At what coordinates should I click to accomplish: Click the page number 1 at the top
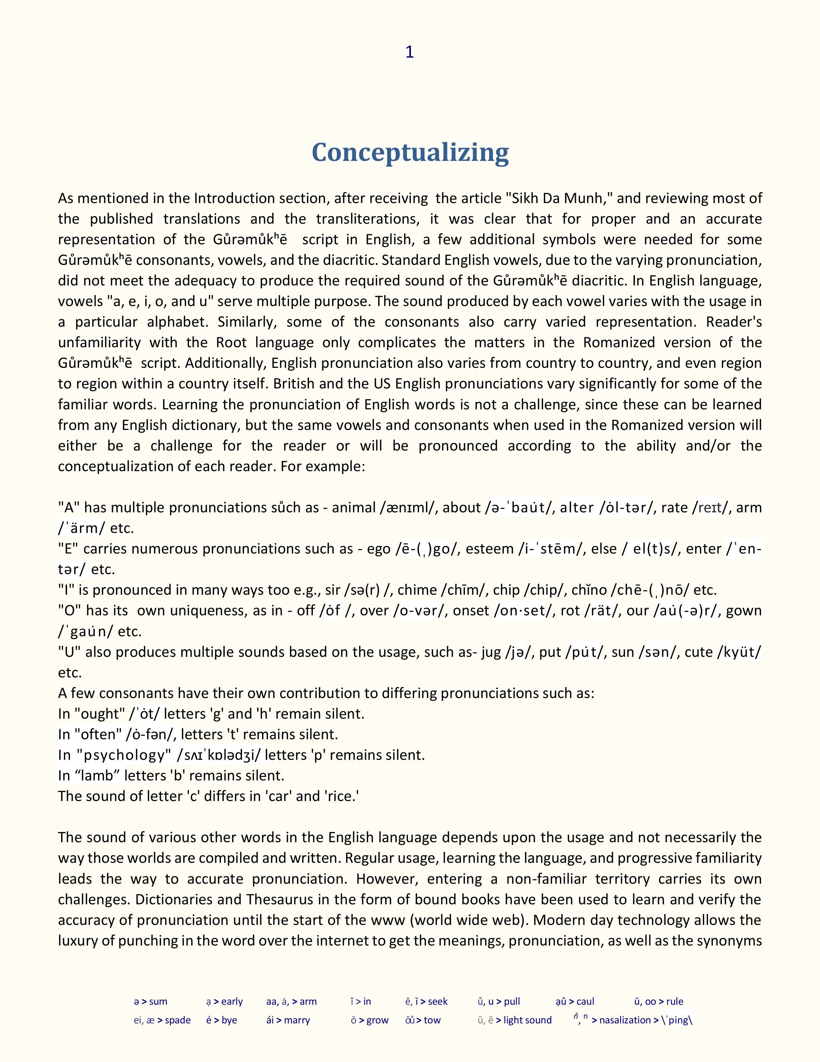pyautogui.click(x=409, y=52)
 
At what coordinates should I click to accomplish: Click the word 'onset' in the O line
pyautogui.click(x=471, y=611)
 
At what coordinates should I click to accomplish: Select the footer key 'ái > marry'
pyautogui.click(x=288, y=1020)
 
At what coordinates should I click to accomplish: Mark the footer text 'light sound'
pyautogui.click(x=528, y=1020)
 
